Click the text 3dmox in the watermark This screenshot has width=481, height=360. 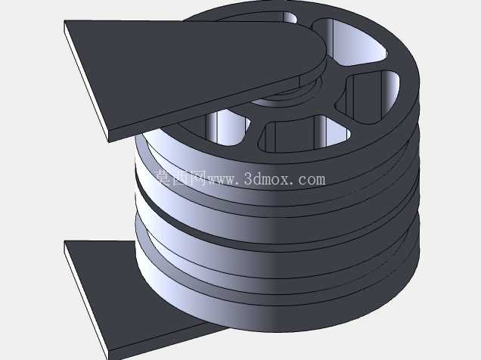coord(266,178)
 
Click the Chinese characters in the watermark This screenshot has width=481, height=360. coord(181,178)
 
